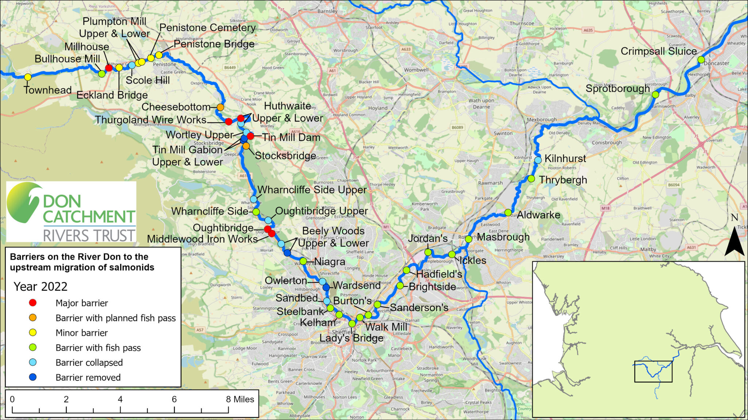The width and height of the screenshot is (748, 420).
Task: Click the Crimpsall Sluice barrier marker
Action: [701, 59]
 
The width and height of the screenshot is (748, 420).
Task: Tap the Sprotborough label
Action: [618, 89]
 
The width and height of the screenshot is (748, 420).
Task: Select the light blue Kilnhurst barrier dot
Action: [538, 160]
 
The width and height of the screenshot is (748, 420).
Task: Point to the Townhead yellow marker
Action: [28, 77]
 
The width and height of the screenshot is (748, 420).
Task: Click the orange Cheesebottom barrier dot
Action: [220, 107]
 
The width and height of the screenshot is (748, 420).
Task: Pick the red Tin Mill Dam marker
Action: [250, 136]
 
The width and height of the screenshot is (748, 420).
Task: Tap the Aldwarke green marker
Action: [508, 212]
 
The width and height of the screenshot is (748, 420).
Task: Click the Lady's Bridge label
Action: [352, 338]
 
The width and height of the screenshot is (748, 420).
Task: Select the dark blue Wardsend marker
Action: [326, 287]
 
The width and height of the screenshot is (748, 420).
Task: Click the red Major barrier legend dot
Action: [33, 303]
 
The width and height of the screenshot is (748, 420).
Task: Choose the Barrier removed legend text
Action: [88, 377]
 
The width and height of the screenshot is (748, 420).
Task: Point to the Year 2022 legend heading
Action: [41, 286]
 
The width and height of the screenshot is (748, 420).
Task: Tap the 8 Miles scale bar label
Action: [240, 399]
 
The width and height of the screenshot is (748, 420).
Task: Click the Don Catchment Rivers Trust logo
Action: [71, 212]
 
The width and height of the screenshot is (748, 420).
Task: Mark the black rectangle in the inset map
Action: [653, 371]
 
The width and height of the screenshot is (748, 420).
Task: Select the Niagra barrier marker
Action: [303, 261]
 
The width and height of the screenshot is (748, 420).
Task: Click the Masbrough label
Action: [503, 237]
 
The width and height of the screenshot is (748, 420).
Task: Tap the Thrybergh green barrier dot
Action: [531, 179]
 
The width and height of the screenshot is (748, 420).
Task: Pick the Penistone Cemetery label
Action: [207, 28]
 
